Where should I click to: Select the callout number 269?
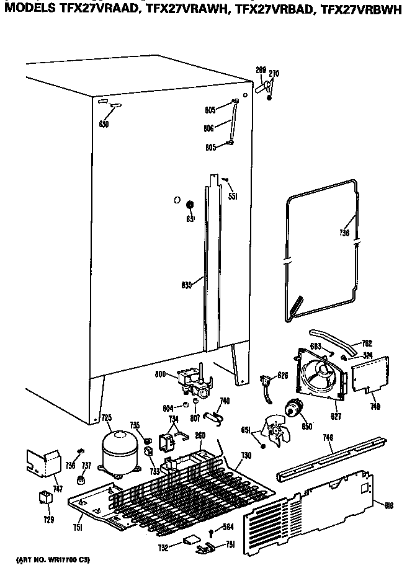point(261,70)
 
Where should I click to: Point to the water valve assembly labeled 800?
point(192,383)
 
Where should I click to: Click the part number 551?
point(233,196)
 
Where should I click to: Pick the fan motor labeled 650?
point(293,409)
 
